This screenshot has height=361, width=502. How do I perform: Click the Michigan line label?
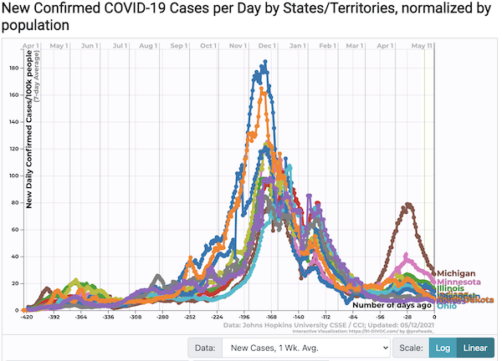pos(456,273)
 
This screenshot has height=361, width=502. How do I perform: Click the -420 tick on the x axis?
pos(27,318)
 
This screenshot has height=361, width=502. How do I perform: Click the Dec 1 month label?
pos(268,46)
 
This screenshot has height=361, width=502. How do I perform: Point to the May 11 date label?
pos(424,46)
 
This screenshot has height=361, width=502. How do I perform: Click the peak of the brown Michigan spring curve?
pos(408,204)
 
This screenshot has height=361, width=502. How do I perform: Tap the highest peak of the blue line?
pos(266,62)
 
